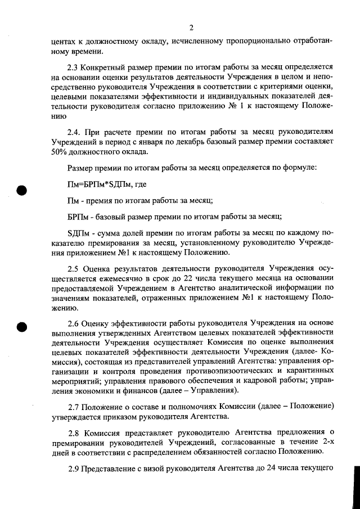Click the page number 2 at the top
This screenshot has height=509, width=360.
pyautogui.click(x=191, y=28)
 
